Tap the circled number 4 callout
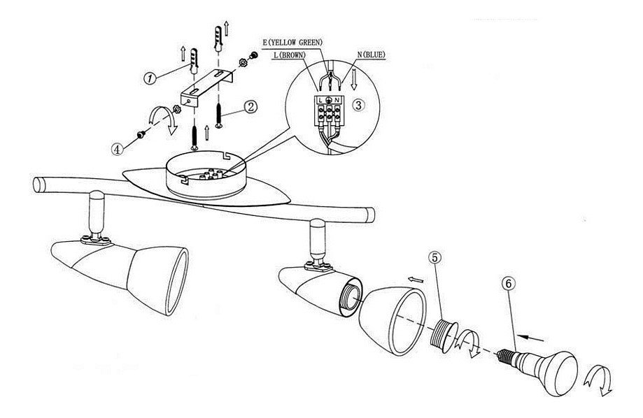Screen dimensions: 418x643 (x=118, y=147)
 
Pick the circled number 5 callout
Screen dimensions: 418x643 (x=435, y=258)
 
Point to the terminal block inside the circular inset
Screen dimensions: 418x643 (x=330, y=109)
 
